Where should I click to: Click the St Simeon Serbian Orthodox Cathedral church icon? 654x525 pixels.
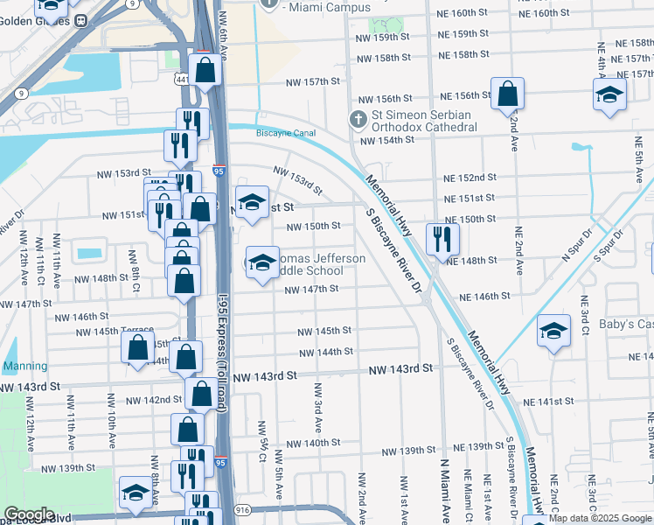[358, 118]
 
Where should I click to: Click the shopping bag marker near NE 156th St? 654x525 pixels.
[507, 94]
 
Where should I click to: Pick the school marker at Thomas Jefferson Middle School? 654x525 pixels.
[262, 263]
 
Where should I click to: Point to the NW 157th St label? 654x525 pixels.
[313, 81]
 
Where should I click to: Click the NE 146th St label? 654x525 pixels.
[478, 297]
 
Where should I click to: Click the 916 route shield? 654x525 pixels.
[242, 509]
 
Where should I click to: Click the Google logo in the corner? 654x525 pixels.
[29, 514]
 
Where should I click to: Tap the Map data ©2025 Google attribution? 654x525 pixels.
[601, 519]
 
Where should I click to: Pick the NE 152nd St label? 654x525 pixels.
[471, 178]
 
